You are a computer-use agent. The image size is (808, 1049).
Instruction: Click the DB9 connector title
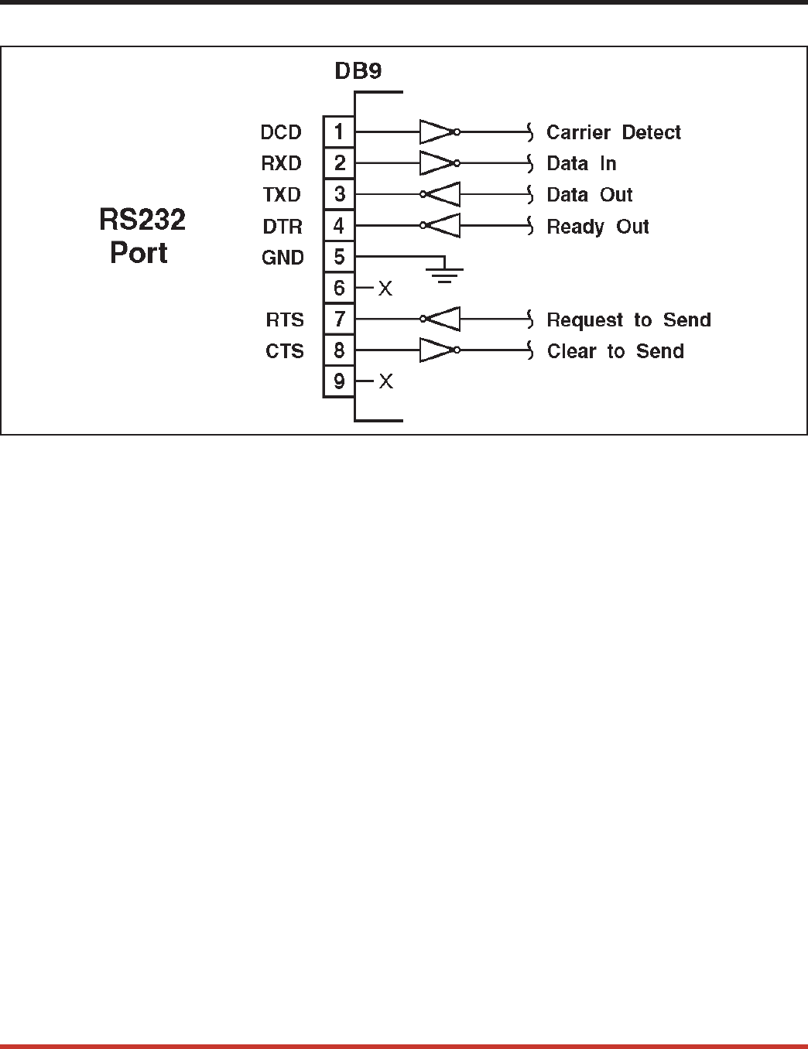pyautogui.click(x=358, y=71)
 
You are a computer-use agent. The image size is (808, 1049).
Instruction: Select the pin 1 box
pyautogui.click(x=338, y=132)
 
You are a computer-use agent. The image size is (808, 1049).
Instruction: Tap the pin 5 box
pyautogui.click(x=338, y=257)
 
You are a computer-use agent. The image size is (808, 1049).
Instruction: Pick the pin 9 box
pyautogui.click(x=338, y=381)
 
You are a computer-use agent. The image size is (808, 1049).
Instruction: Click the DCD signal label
pyautogui.click(x=281, y=133)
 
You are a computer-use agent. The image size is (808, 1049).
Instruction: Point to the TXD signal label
pyautogui.click(x=282, y=195)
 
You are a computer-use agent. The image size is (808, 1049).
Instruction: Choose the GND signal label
pyautogui.click(x=282, y=258)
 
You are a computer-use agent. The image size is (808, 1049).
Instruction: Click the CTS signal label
pyautogui.click(x=285, y=351)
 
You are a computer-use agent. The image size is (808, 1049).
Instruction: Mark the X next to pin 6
pyautogui.click(x=385, y=289)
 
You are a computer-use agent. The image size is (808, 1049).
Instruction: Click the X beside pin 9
pyautogui.click(x=385, y=382)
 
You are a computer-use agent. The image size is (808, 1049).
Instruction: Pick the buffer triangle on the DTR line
pyautogui.click(x=443, y=226)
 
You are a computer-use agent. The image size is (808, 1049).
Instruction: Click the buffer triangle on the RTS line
pyautogui.click(x=443, y=319)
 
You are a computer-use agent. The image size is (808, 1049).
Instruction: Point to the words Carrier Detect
pyautogui.click(x=613, y=133)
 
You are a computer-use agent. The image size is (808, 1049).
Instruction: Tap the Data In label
pyautogui.click(x=581, y=164)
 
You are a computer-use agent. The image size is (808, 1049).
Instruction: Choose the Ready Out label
pyautogui.click(x=597, y=227)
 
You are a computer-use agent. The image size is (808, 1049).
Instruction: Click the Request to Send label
pyautogui.click(x=628, y=320)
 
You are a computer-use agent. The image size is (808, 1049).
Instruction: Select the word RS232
pyautogui.click(x=142, y=220)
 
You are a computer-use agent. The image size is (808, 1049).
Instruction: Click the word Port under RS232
pyautogui.click(x=139, y=253)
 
